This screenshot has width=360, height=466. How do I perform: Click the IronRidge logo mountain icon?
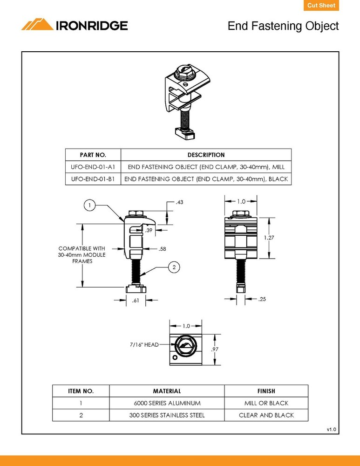pyautogui.click(x=38, y=25)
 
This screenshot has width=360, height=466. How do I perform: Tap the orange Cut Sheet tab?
pyautogui.click(x=321, y=6)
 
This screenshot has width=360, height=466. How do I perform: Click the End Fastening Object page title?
pyautogui.click(x=283, y=26)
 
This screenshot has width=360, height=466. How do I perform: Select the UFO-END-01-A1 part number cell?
pyautogui.click(x=93, y=167)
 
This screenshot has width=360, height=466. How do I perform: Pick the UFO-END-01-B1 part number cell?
pyautogui.click(x=93, y=179)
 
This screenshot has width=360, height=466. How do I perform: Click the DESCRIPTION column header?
pyautogui.click(x=206, y=155)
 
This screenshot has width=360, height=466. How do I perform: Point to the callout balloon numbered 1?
pyautogui.click(x=90, y=205)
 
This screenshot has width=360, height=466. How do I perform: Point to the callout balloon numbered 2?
pyautogui.click(x=173, y=267)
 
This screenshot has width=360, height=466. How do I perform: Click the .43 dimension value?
pyautogui.click(x=179, y=203)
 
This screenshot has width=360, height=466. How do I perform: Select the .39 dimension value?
pyautogui.click(x=149, y=230)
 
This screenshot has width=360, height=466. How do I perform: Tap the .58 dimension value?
pyautogui.click(x=162, y=249)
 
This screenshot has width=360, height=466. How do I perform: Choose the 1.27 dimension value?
pyautogui.click(x=269, y=238)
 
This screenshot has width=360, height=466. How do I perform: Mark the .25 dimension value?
pyautogui.click(x=262, y=299)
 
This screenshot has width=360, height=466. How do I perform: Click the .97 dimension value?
pyautogui.click(x=215, y=349)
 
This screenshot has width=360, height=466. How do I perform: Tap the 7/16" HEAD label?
pyautogui.click(x=144, y=345)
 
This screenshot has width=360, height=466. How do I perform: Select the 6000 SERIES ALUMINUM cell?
pyautogui.click(x=167, y=403)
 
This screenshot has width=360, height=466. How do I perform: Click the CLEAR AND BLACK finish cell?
pyautogui.click(x=266, y=415)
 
